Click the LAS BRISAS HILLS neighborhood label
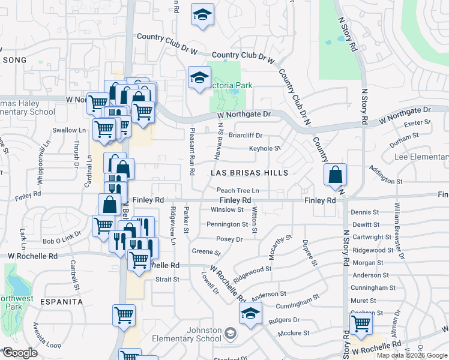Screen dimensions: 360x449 click(x=249, y=173)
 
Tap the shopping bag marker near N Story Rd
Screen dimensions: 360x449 click(x=336, y=175)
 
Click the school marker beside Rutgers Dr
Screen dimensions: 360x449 click(x=250, y=313)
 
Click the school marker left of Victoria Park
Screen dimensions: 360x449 click(x=199, y=77)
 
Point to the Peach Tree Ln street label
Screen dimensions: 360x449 click(x=238, y=190)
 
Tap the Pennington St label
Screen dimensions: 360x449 click(x=228, y=224)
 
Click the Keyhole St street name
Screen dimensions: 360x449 click(x=265, y=148)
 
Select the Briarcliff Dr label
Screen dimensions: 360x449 click(x=246, y=135)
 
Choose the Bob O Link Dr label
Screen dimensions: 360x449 click(x=62, y=241)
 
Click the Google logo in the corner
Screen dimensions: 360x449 click(x=20, y=353)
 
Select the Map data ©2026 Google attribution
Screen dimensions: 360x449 click(x=412, y=355)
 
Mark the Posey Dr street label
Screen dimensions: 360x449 click(x=229, y=239)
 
